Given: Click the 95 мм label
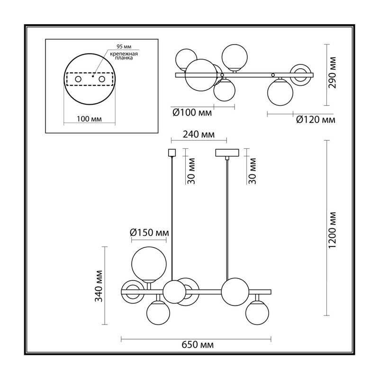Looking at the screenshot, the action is point(124,46).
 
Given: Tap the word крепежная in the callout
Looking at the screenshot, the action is point(124,54).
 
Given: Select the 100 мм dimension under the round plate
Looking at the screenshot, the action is point(89,119).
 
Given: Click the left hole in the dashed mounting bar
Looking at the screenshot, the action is point(78,79).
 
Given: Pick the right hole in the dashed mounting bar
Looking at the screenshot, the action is point(102,79).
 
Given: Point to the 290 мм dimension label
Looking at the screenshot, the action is point(333,73).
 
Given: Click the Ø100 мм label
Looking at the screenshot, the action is point(192,113).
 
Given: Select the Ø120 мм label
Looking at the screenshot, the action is point(316,119).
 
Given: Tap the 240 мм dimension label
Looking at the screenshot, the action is point(199,134).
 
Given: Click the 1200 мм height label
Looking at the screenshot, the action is point(333,230).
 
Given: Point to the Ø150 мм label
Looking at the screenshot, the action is point(149,233).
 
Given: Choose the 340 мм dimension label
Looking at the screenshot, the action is point(99,286).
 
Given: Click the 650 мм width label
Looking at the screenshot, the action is point(198,345).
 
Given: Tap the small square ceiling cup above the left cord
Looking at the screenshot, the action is point(171,153).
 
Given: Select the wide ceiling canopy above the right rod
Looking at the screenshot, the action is point(227,153).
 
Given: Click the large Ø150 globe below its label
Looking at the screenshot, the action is point(149,264).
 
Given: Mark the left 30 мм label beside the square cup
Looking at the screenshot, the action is point(191,171).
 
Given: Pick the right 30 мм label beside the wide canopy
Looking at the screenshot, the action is point(252,171).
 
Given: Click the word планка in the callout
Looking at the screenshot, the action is point(124,58).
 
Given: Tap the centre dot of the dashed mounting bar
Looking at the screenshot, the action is point(92,76).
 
